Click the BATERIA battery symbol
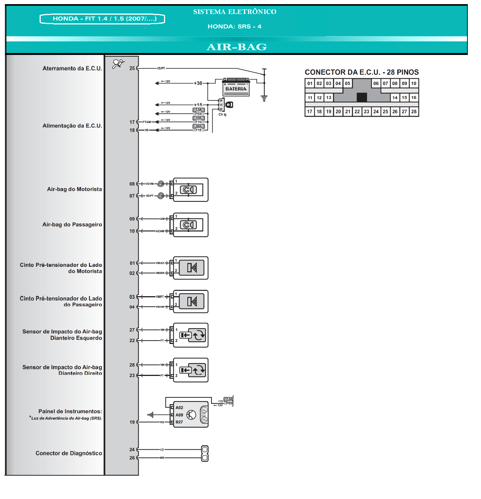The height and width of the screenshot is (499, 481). [x=236, y=87]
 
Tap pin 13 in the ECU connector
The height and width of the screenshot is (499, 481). [x=329, y=97]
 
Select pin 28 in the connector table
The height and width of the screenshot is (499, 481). [x=414, y=111]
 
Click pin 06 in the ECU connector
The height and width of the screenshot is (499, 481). [x=376, y=83]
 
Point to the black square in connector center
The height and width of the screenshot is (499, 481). [x=362, y=97]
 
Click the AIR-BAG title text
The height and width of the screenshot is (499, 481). [x=237, y=47]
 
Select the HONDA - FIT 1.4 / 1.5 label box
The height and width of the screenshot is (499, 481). [x=103, y=19]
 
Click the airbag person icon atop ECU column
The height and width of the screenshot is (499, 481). [x=118, y=64]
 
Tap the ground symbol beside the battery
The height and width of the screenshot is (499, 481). [x=264, y=99]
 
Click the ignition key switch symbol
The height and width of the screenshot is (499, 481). [x=229, y=105]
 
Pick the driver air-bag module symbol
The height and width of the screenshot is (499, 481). [x=188, y=190]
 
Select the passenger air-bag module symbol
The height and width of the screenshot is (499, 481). [x=188, y=225]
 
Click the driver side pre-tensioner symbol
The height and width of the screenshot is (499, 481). [x=191, y=268]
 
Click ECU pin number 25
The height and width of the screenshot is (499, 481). [x=132, y=68]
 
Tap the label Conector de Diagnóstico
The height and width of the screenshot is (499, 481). [x=69, y=453]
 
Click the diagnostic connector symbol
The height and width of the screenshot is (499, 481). [x=205, y=453]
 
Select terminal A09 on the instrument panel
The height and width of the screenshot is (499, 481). [x=179, y=415]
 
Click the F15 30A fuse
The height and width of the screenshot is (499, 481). [x=198, y=128]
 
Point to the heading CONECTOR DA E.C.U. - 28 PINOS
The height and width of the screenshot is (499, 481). [x=362, y=72]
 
